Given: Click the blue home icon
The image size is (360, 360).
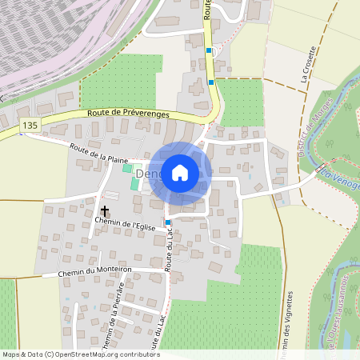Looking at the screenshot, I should click(180, 172).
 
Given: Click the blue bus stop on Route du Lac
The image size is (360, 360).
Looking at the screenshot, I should click(168, 222).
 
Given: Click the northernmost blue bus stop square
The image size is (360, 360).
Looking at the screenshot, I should click(209, 50).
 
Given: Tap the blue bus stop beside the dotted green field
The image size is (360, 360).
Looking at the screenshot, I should click(211, 81).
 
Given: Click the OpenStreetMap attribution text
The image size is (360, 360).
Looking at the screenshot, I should click(80, 354).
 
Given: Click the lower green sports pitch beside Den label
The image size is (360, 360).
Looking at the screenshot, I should click(134, 183).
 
